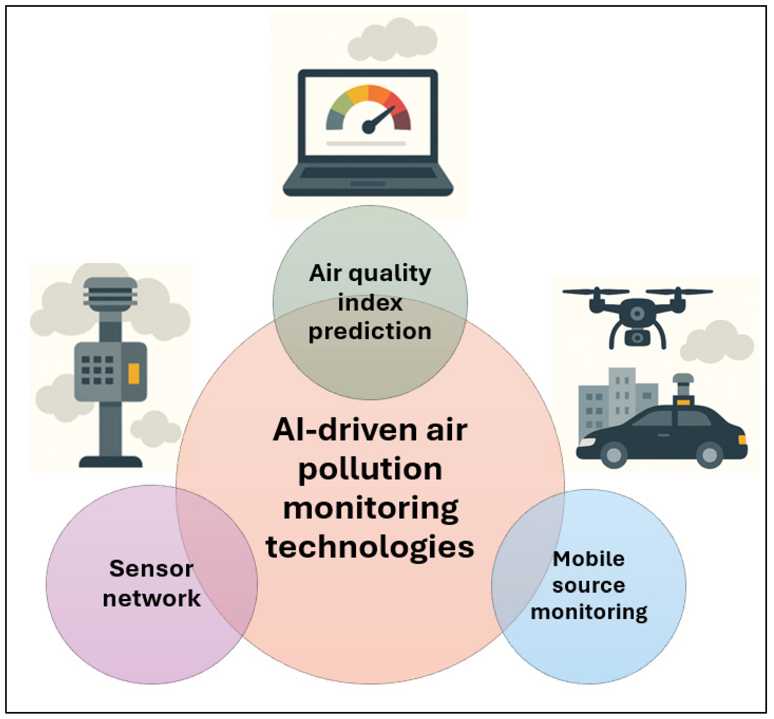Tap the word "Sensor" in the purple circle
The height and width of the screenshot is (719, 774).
(151, 569)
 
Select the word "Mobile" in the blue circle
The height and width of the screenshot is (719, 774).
(589, 559)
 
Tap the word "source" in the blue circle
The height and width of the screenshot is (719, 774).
(589, 586)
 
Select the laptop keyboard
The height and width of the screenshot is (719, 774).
(367, 173)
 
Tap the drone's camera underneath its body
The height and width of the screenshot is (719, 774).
(637, 338)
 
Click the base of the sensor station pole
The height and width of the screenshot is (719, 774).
(111, 462)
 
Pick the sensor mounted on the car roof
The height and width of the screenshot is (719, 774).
(683, 389)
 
